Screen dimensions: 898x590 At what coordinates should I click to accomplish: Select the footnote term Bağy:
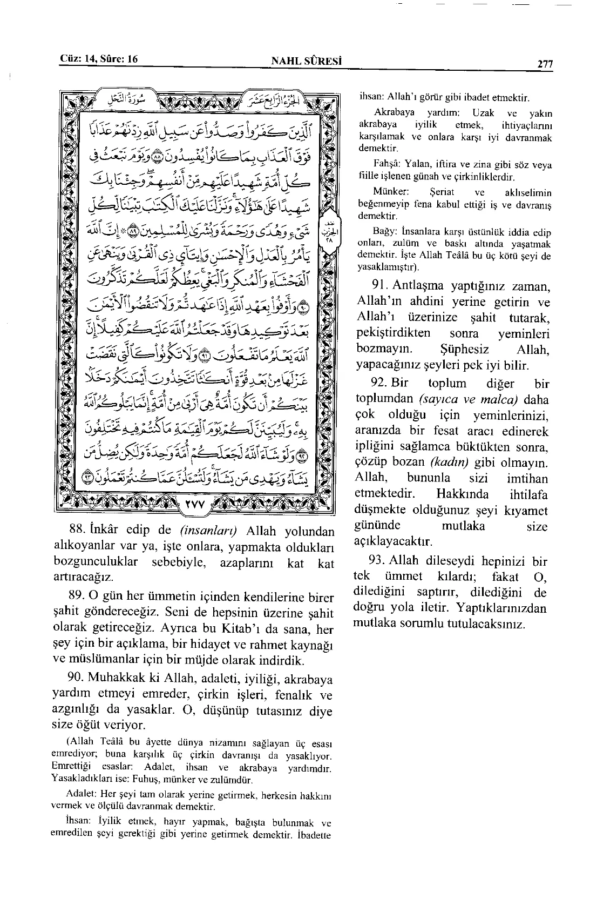click(x=385, y=232)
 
